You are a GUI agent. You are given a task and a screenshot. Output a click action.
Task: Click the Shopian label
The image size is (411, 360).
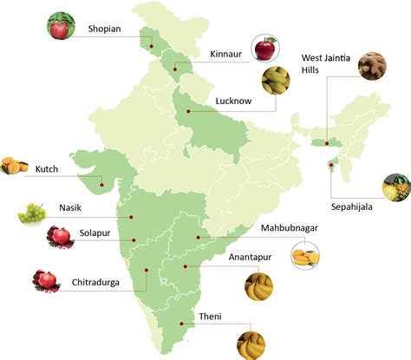105,28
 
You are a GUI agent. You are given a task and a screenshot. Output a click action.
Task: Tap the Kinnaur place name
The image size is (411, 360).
228,54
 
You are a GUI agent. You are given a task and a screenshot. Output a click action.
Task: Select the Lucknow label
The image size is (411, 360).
232,101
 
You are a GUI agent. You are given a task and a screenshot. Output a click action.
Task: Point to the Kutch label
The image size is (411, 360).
47,168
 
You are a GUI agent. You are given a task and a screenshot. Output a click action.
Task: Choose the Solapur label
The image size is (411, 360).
95,233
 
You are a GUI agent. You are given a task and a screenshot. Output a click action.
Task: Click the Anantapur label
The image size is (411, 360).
251,258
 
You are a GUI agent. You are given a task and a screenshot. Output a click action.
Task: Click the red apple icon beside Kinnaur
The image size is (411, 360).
264,48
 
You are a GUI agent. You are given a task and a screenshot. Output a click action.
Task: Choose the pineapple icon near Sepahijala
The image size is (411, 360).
396,187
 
